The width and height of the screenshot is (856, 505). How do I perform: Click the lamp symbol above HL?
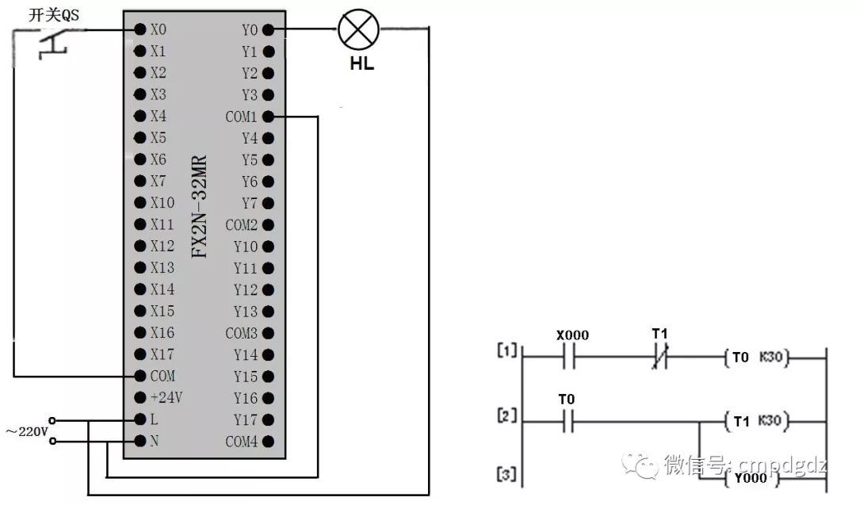click(x=358, y=30)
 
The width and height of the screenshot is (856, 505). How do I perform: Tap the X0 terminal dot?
click(x=140, y=30)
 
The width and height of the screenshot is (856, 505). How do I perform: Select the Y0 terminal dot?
click(x=268, y=30)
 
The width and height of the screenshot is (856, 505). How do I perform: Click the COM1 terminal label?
click(x=241, y=117)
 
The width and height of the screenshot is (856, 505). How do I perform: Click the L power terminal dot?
click(x=140, y=419)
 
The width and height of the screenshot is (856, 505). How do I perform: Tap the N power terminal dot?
click(x=140, y=440)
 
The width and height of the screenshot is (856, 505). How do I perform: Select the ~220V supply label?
click(x=25, y=432)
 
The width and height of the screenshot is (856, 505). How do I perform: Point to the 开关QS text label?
click(x=53, y=13)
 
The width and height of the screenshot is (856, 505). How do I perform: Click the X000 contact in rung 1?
click(x=571, y=358)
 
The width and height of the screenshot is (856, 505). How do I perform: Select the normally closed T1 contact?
click(x=659, y=358)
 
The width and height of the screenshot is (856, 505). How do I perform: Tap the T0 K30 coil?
click(x=756, y=358)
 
